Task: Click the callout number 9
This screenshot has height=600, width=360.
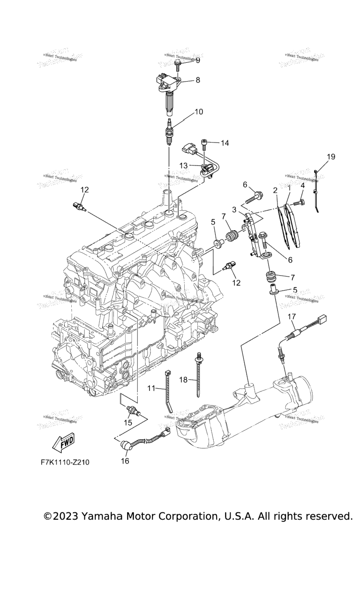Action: (x=197, y=60)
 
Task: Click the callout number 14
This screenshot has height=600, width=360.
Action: (x=225, y=143)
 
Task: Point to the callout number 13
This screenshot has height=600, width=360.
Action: (x=183, y=165)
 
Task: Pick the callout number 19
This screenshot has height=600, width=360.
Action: (x=331, y=157)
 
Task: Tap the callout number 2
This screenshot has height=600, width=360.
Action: (x=275, y=190)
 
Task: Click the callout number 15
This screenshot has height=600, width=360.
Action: (x=128, y=422)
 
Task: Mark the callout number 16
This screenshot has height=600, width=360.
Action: (x=125, y=461)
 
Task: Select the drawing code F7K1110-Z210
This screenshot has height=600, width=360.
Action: (x=65, y=462)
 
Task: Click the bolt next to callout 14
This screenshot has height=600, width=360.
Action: (x=204, y=142)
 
